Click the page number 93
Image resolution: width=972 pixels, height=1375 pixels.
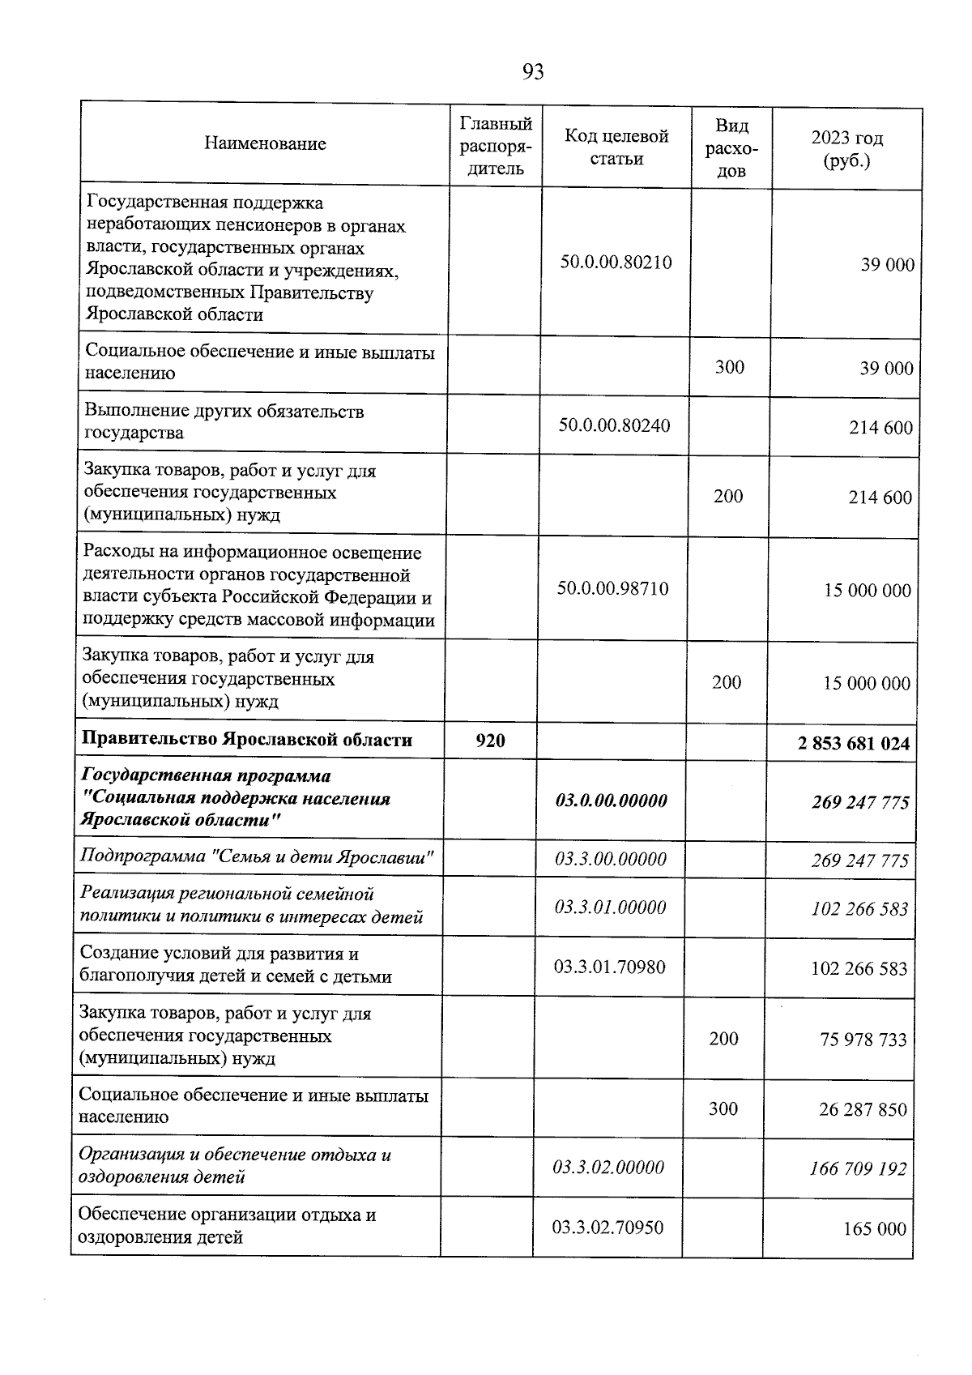point(533,73)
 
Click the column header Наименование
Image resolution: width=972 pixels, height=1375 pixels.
point(265,143)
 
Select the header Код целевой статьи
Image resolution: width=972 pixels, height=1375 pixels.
point(616,147)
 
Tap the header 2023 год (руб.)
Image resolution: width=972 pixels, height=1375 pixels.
point(846,149)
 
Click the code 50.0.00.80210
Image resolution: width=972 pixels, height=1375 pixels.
point(616,263)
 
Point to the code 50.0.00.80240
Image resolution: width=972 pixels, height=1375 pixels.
point(614,425)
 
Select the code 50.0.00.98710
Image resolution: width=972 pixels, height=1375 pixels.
point(612,588)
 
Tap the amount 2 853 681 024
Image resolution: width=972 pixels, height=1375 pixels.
point(853,743)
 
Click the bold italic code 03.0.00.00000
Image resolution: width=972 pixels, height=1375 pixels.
point(611,801)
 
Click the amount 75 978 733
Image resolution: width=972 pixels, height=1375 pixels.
point(863,1040)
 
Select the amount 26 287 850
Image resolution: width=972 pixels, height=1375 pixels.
point(863,1109)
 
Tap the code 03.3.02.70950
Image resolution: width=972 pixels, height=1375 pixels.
point(607,1228)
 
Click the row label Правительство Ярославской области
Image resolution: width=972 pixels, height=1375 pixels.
point(247,740)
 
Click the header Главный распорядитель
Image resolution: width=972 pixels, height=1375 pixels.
point(496,146)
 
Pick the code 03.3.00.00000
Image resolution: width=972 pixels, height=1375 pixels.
point(610,859)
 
